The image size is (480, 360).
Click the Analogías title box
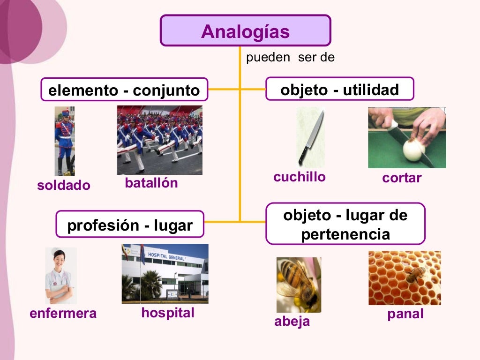point(245,31)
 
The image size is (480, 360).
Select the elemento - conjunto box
point(124,90)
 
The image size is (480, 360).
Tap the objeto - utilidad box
point(339,89)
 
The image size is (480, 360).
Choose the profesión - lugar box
point(130,225)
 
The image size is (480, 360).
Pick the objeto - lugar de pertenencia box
point(345,224)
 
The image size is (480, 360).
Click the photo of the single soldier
point(65,141)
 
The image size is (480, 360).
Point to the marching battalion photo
point(159,140)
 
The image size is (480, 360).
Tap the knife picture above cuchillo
point(310,136)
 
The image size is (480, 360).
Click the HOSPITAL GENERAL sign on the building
point(166,256)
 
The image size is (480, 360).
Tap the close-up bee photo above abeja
point(299,285)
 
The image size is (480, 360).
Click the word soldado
point(63,185)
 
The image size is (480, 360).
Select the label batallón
point(151,183)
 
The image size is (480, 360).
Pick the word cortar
point(402,178)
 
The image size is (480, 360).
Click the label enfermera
point(63,313)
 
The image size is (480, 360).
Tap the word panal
point(405,314)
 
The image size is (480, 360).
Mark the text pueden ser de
point(290,58)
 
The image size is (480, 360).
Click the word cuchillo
point(300,177)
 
